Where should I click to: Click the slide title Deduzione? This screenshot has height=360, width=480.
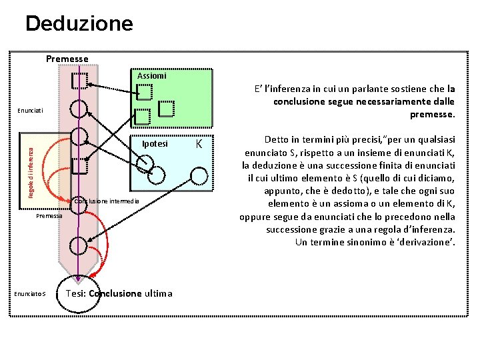(79, 24)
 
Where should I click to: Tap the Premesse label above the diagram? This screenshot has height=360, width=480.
(67, 59)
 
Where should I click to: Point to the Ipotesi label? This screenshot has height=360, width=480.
(155, 144)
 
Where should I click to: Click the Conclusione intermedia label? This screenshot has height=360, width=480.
(107, 201)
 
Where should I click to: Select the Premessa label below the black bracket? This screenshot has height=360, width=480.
(49, 216)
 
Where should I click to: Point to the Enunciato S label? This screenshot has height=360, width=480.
(30, 293)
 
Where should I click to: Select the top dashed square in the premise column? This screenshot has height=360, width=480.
(79, 79)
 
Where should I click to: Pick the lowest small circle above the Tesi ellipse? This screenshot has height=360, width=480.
(79, 245)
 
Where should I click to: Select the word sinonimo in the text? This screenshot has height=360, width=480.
(361, 241)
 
